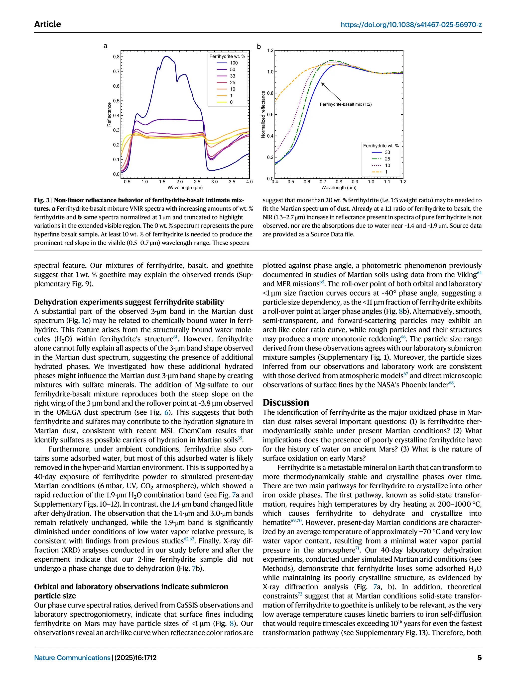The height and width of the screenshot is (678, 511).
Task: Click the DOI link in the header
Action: (411, 24)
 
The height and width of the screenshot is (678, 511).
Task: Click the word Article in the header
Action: (48, 24)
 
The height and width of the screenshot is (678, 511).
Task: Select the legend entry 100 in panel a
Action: (234, 63)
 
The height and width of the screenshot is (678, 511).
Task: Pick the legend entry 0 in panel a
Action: (231, 102)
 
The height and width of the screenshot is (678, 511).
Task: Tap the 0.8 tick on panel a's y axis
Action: (116, 57)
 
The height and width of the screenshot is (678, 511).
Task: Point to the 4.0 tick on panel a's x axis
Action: (249, 182)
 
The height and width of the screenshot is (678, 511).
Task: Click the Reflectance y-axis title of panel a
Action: (109, 114)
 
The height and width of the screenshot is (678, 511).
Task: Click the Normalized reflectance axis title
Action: (263, 114)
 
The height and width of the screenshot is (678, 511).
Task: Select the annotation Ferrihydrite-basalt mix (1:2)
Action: (346, 104)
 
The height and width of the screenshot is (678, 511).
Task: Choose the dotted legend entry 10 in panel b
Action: (387, 165)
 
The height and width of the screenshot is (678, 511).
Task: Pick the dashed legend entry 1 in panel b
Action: (386, 172)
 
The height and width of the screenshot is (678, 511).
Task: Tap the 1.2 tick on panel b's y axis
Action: (270, 51)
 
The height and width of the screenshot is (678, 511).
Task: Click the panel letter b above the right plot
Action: (259, 47)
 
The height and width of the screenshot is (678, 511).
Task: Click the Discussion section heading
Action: (286, 402)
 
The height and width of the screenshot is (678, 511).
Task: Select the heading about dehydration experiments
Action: (129, 302)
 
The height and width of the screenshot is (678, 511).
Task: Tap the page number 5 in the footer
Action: (479, 658)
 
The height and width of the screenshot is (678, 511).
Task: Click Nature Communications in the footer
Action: (72, 658)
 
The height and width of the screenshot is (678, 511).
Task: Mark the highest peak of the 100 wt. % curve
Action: (166, 56)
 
